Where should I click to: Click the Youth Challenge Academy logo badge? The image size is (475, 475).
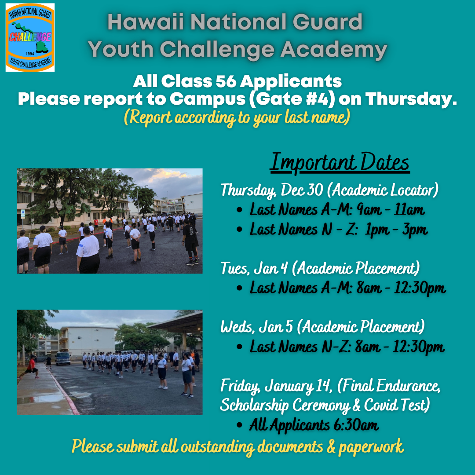pyautogui.click(x=30, y=37)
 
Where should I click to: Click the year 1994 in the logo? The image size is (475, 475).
pyautogui.click(x=30, y=54)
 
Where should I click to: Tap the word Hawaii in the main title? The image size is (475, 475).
pyautogui.click(x=146, y=22)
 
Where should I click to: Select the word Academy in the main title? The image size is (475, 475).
pyautogui.click(x=334, y=49)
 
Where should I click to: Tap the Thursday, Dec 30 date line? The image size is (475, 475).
pyautogui.click(x=329, y=190)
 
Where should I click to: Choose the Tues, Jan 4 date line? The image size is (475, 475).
pyautogui.click(x=320, y=268)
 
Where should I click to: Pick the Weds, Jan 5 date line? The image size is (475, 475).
pyautogui.click(x=322, y=327)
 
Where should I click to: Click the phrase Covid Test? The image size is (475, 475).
pyautogui.click(x=397, y=405)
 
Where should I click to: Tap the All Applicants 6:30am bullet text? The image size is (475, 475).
pyautogui.click(x=314, y=425)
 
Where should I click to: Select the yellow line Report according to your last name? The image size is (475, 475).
pyautogui.click(x=237, y=117)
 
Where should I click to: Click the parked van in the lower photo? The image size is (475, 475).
pyautogui.click(x=63, y=358)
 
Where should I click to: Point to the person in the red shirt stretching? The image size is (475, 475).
pyautogui.click(x=30, y=367)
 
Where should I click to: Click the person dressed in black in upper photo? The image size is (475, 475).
pyautogui.click(x=190, y=242)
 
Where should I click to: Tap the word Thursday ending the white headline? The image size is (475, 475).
pyautogui.click(x=411, y=99)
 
